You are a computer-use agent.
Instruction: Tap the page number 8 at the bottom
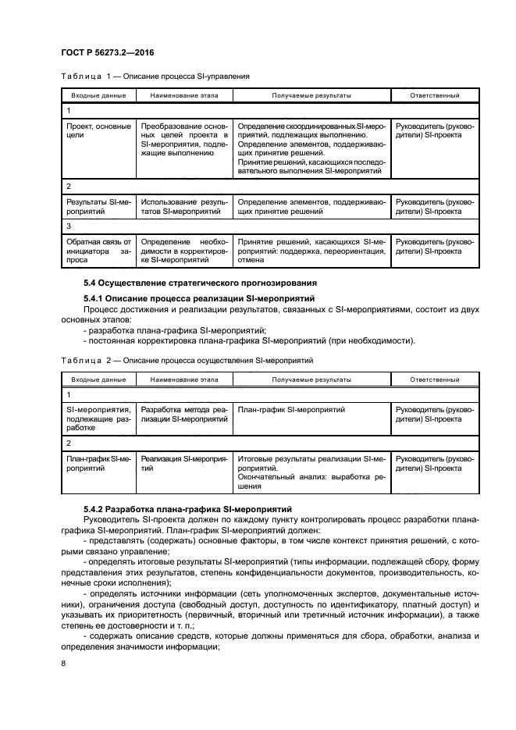pyautogui.click(x=63, y=664)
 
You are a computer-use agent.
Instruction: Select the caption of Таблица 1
pyautogui.click(x=155, y=77)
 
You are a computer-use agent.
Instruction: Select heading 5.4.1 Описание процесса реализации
pyautogui.click(x=198, y=298)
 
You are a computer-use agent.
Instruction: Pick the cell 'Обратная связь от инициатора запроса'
pyautogui.click(x=98, y=251)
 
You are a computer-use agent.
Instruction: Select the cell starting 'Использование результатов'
pyautogui.click(x=184, y=207)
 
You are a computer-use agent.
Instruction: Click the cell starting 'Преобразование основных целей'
pyautogui.click(x=184, y=139)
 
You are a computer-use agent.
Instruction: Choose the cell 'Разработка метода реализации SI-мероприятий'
pyautogui.click(x=184, y=414)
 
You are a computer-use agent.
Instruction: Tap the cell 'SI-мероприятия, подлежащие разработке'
pyautogui.click(x=98, y=418)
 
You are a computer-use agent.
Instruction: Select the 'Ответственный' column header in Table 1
pyautogui.click(x=434, y=95)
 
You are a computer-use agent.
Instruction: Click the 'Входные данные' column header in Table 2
pyautogui.click(x=98, y=379)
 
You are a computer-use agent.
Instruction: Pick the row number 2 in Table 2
pyautogui.click(x=69, y=442)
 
